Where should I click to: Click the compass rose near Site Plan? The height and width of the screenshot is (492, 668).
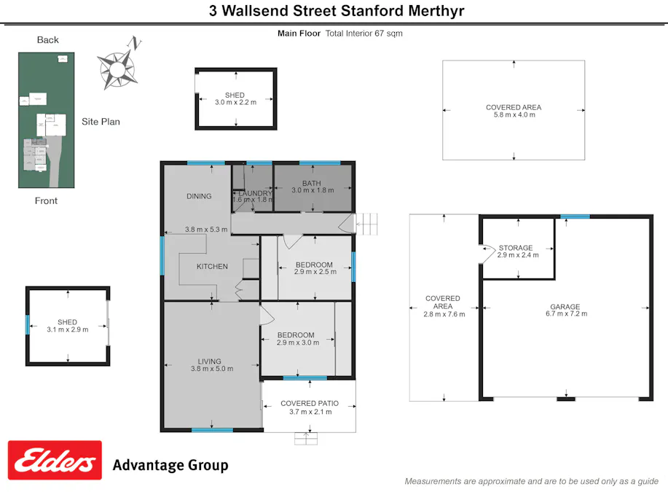coord(118,67)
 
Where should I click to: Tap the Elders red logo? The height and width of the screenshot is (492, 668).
coord(55,461)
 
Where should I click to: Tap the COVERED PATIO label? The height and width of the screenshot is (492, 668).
coord(309,407)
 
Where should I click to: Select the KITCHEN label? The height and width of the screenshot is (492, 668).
coord(212,267)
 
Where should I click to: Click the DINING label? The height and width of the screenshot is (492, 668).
coord(199,196)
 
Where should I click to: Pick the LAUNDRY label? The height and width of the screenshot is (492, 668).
coord(254,193)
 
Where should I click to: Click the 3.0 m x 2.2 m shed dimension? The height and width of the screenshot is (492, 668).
coord(235,103)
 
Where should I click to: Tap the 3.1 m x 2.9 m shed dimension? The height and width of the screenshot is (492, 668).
coord(67,330)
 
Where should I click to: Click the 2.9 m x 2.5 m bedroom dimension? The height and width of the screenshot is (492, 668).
coord(315,272)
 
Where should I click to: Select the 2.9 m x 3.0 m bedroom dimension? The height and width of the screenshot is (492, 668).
coord(298,343)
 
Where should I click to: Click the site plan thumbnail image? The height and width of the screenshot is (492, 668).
coord(47,120)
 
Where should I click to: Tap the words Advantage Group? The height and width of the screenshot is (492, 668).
coord(170,465)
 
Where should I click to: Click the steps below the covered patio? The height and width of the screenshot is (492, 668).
coord(307,438)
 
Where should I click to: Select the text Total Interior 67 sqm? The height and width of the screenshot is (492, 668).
coord(364,34)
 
